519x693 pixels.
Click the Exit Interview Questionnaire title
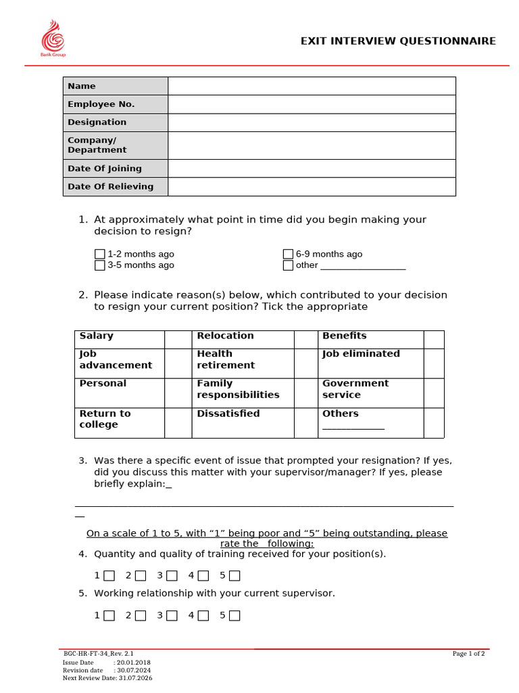[x=398, y=41]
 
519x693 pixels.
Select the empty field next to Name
[x=312, y=86]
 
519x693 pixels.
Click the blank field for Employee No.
[x=312, y=104]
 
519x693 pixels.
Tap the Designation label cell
[x=116, y=122]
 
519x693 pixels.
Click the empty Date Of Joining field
[x=312, y=169]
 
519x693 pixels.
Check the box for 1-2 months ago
[x=100, y=254]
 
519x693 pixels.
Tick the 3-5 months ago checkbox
[x=100, y=265]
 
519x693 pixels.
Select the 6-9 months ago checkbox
[x=288, y=254]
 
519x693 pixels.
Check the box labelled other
[x=288, y=265]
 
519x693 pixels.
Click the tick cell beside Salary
[x=178, y=339]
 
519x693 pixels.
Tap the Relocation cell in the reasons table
[x=243, y=339]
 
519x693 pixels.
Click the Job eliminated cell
[x=370, y=363]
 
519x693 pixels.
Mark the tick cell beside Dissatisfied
[x=305, y=422]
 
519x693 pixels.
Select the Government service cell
[x=370, y=393]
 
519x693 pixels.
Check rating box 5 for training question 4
[x=234, y=576]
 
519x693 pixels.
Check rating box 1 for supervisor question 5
[x=109, y=615]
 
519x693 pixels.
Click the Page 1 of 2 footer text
[x=468, y=654]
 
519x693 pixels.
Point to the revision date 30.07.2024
[x=133, y=670]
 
